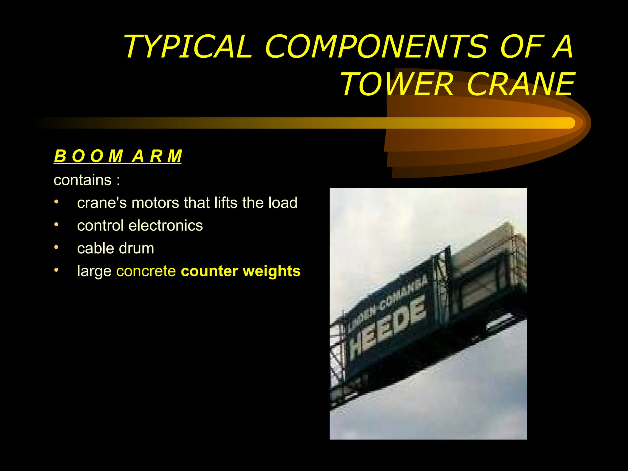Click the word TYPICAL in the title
188,47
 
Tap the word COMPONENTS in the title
376,47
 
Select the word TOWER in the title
397,84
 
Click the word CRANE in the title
521,84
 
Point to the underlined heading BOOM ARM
118,156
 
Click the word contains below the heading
82,180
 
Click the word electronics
166,226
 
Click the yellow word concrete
146,271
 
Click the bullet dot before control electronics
56,225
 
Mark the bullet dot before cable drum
56,247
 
